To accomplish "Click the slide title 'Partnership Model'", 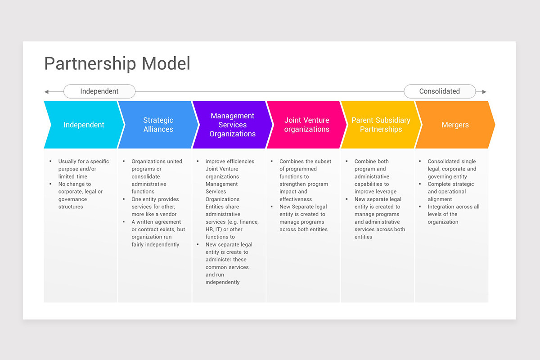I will [x=117, y=63].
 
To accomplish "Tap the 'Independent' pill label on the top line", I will [x=99, y=91].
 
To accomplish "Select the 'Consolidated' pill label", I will [x=439, y=91].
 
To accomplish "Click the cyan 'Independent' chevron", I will [x=84, y=125].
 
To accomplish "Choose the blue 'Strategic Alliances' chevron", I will [x=158, y=125].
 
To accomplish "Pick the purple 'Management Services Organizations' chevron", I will [x=232, y=125].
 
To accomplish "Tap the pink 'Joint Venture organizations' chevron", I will [x=306, y=125].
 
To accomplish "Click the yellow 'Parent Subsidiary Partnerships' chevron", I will [x=381, y=125].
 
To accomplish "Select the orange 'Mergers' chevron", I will [x=455, y=125].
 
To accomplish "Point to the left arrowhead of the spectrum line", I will [x=46, y=92].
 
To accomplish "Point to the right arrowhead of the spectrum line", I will [x=484, y=92].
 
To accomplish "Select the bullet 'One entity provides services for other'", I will [x=155, y=207].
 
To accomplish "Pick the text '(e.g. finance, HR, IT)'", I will [x=232, y=225].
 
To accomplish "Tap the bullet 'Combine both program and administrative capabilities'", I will [x=375, y=176].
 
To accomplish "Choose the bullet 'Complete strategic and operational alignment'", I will [x=450, y=191].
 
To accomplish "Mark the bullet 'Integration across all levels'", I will [x=453, y=214].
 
